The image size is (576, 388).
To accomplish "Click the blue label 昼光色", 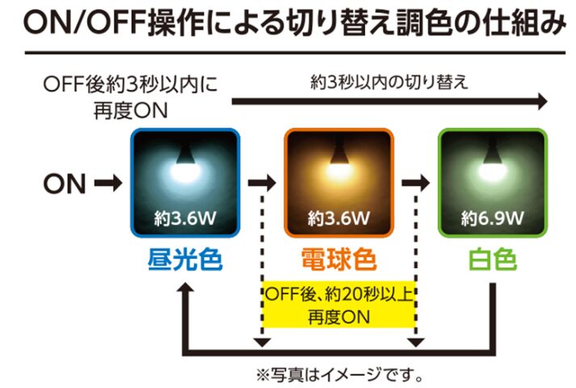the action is pyautogui.click(x=185, y=259).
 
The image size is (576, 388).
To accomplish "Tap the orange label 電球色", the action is pyautogui.click(x=338, y=259).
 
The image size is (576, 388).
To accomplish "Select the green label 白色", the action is pyautogui.click(x=493, y=259).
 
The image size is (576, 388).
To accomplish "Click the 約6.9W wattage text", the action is pyautogui.click(x=493, y=218).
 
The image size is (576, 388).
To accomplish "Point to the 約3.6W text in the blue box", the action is pyautogui.click(x=185, y=218).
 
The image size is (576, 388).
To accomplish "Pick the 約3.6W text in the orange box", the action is pyautogui.click(x=338, y=218).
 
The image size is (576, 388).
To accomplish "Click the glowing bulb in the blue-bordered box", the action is pyautogui.click(x=185, y=166).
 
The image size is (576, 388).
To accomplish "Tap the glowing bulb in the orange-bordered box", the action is pyautogui.click(x=338, y=166).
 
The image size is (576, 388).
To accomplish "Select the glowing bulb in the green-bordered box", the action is pyautogui.click(x=493, y=166).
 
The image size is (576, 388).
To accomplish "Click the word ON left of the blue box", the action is pyautogui.click(x=65, y=183).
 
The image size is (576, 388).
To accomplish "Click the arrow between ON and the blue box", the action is pyautogui.click(x=108, y=183).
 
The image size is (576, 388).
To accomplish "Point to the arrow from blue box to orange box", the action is pyautogui.click(x=262, y=183).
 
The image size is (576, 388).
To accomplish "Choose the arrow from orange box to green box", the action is pyautogui.click(x=415, y=183).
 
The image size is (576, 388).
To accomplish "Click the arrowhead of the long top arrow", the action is pyautogui.click(x=543, y=101).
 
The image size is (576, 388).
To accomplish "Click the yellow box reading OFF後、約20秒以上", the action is pyautogui.click(x=338, y=305).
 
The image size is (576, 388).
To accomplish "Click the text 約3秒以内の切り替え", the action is pyautogui.click(x=389, y=82).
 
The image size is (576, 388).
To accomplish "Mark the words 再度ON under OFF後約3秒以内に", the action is pyautogui.click(x=131, y=111).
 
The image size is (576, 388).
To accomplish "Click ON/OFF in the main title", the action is pyautogui.click(x=84, y=22).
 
